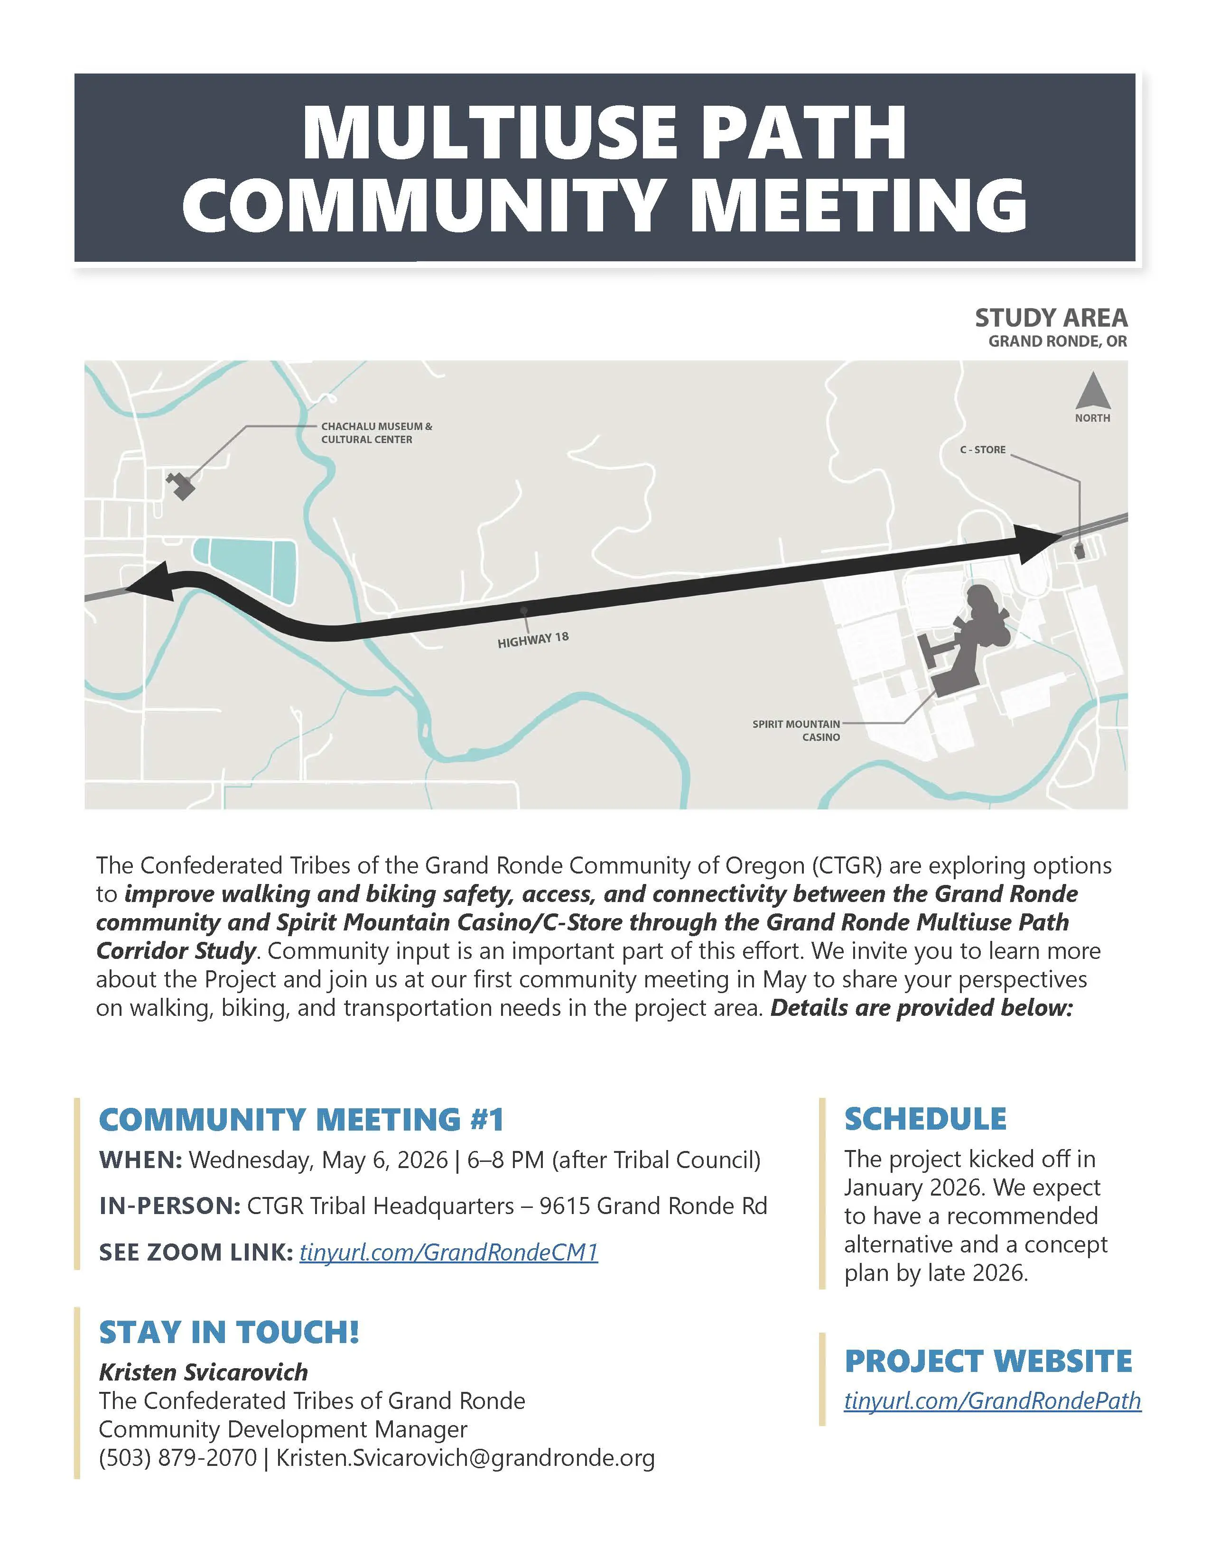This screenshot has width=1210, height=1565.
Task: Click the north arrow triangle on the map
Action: [1092, 392]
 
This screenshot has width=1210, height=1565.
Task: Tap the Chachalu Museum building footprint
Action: [181, 486]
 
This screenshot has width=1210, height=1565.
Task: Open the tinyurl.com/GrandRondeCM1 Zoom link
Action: [448, 1252]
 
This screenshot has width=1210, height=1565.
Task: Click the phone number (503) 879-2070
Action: [177, 1457]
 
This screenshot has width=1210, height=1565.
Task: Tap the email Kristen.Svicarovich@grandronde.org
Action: [465, 1457]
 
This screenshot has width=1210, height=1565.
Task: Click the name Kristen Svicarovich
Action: [204, 1372]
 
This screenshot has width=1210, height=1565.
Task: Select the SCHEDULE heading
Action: [925, 1119]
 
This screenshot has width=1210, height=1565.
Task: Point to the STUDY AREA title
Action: [1051, 317]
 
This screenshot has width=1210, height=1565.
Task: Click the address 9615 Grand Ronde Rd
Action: [653, 1206]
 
